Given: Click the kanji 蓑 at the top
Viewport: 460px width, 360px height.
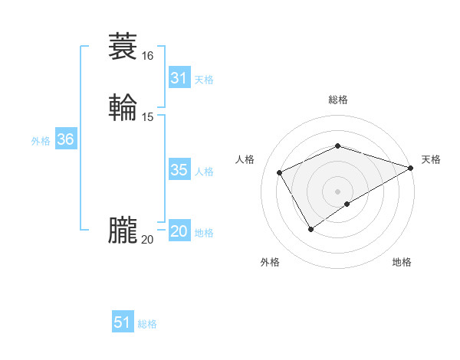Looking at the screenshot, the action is (123, 47).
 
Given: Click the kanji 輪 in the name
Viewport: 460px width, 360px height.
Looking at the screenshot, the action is (123, 106).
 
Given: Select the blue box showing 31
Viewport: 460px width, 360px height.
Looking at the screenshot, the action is (179, 78).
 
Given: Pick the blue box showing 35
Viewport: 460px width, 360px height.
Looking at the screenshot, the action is (179, 170).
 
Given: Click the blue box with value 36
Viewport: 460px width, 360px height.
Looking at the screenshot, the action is (65, 139).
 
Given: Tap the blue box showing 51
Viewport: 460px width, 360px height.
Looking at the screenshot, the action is (123, 322).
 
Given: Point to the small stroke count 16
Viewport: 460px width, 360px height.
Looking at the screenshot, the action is (147, 56).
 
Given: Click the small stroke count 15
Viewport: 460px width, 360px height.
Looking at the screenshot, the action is (147, 116).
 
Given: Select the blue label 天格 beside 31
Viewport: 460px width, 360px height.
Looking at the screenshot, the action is (204, 80).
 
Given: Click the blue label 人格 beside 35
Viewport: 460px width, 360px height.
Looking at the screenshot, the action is (204, 172).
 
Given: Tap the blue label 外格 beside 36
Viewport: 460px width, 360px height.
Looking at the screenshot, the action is (41, 141).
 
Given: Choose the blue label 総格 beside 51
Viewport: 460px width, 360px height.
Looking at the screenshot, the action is (147, 324).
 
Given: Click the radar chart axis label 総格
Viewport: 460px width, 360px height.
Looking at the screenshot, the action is (337, 100).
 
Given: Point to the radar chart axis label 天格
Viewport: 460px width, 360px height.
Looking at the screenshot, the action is (431, 159).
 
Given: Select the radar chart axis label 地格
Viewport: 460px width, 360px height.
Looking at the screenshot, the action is (402, 263).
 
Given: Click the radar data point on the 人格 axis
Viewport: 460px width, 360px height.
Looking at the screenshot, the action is (280, 172).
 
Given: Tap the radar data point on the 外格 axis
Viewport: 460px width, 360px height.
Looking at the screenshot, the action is (310, 229).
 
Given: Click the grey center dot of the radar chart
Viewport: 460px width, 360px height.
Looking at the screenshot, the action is (337, 191).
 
